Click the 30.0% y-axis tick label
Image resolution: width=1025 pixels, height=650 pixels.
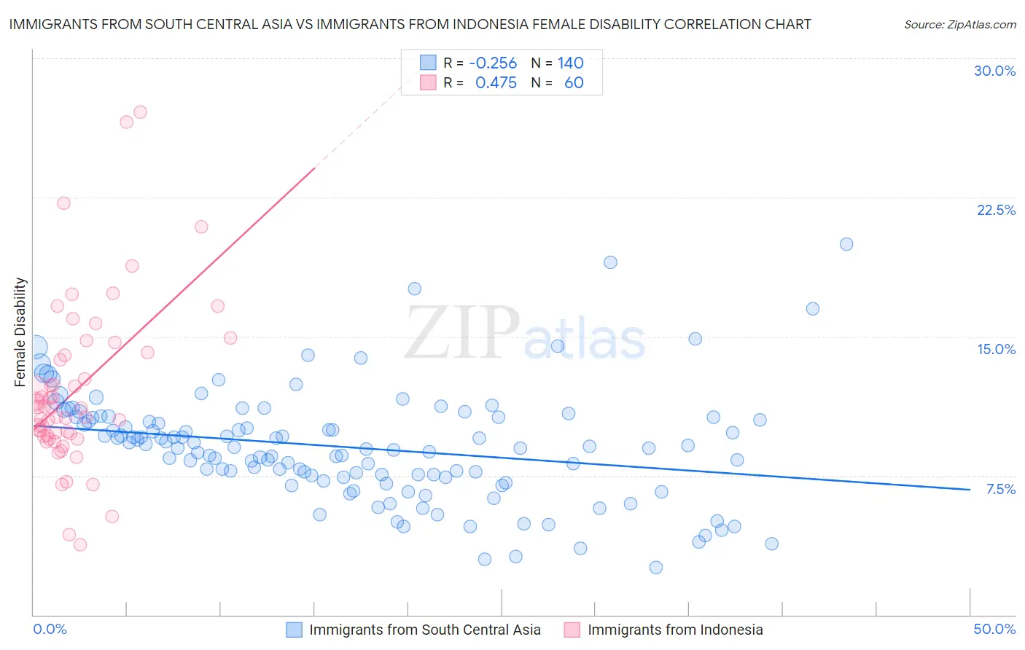994,71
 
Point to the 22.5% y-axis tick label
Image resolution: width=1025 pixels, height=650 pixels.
996,210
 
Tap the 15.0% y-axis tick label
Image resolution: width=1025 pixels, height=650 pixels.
996,349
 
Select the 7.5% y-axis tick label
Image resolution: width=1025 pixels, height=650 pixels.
1000,489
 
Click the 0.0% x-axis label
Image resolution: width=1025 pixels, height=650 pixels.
50,629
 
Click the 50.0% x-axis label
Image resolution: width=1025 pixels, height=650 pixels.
994,629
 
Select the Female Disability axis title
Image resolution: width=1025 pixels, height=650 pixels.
20,332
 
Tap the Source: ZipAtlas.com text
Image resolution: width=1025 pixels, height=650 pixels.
959,24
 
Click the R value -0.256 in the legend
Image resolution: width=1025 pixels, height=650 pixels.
493,63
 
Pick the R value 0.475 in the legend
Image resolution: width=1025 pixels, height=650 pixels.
496,82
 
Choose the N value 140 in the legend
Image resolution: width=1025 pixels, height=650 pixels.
571,63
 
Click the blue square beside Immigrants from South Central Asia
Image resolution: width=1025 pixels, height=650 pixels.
294,630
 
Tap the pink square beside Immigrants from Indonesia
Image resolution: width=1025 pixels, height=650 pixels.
572,630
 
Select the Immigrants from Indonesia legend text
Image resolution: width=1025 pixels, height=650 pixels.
675,630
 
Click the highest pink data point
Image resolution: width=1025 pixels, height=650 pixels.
140,112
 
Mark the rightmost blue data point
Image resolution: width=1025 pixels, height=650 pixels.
846,244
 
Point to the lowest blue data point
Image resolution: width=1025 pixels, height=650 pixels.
656,568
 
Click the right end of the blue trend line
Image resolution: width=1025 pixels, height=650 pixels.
970,490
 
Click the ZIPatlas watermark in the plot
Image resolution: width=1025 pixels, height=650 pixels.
525,334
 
